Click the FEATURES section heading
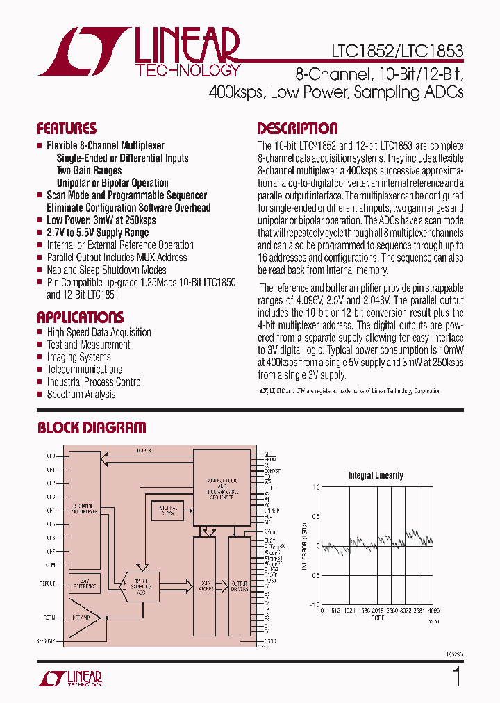click(x=67, y=129)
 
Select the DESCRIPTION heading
click(x=297, y=129)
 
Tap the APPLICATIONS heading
click(x=80, y=317)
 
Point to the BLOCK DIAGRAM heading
click(x=92, y=428)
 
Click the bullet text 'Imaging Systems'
click(x=78, y=357)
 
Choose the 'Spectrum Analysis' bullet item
click(x=81, y=395)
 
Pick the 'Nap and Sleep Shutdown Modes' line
click(x=106, y=270)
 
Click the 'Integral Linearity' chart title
click(x=376, y=475)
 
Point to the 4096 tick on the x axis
click(x=434, y=610)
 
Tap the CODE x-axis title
click(x=378, y=617)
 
